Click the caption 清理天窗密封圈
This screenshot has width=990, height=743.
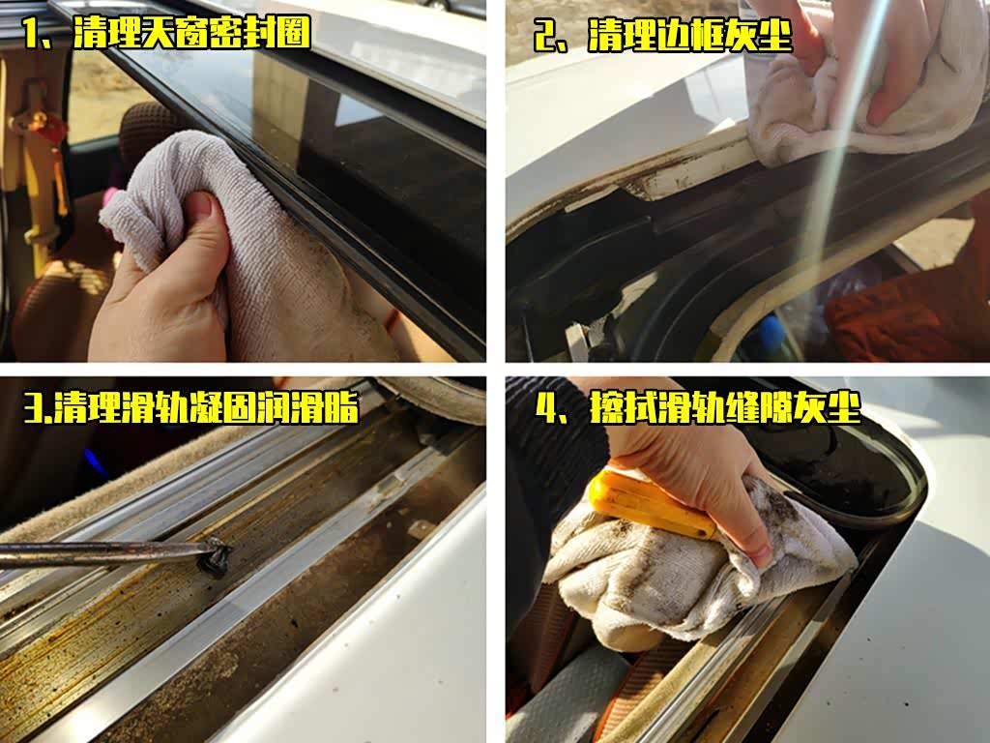(192, 32)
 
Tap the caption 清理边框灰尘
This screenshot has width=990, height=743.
(689, 35)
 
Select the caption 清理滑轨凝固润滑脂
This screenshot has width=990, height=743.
(206, 407)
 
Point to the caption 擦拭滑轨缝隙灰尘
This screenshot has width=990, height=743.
(725, 407)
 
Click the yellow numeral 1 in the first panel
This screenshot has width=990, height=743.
(31, 33)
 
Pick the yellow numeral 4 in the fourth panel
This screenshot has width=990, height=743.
(547, 408)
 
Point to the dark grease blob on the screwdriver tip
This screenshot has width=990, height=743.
(215, 556)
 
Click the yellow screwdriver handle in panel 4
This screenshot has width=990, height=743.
(651, 505)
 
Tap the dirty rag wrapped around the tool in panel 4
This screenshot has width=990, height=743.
(694, 569)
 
